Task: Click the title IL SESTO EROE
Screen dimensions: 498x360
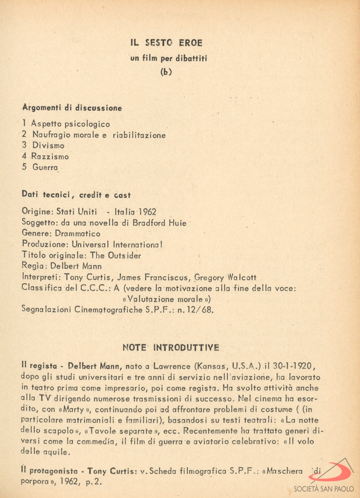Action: tap(166, 42)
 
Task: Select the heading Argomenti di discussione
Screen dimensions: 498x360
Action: tap(72, 108)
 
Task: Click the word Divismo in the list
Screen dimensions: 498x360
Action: tap(48, 146)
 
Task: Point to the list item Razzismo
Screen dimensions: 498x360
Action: tap(50, 157)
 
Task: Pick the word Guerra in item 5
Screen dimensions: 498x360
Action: tap(46, 168)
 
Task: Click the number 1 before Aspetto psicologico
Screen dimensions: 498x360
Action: tap(24, 124)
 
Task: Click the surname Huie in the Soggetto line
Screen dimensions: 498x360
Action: tap(176, 223)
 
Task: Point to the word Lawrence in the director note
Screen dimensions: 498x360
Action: tap(178, 367)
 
